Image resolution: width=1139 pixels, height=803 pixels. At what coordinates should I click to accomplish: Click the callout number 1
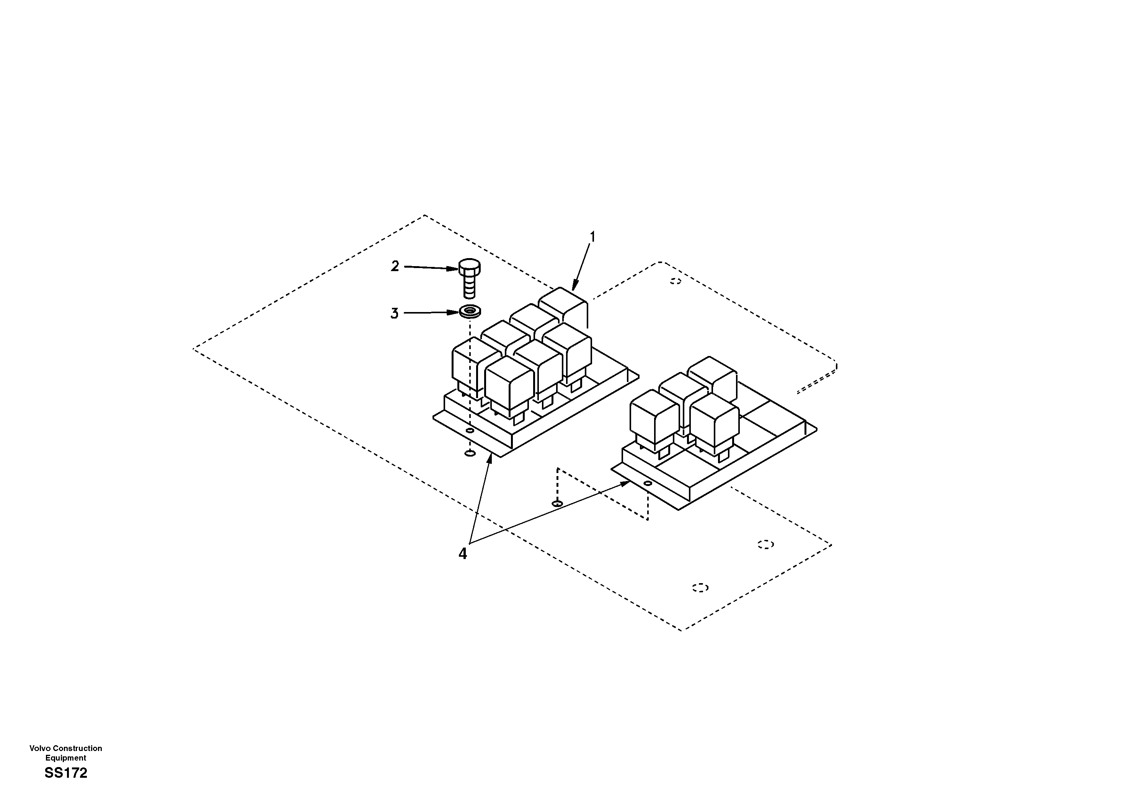[591, 237]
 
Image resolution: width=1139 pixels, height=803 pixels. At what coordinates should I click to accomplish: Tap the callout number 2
[395, 267]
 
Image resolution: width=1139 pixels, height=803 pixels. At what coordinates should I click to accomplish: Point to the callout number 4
[462, 554]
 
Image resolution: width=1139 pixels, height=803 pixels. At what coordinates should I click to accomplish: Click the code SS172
[65, 773]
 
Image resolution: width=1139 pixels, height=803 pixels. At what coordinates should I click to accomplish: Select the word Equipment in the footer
[65, 758]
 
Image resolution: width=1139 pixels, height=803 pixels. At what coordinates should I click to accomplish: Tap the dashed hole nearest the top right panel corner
[675, 281]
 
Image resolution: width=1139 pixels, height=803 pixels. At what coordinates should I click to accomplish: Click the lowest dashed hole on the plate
[700, 587]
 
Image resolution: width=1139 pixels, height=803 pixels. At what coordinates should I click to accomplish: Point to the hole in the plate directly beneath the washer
[469, 453]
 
